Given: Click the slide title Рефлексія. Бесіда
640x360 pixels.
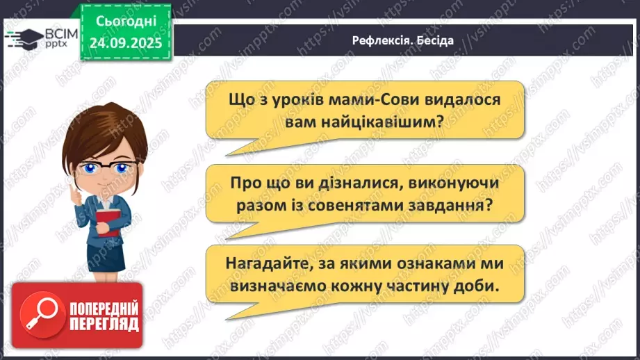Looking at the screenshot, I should coord(403,40).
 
